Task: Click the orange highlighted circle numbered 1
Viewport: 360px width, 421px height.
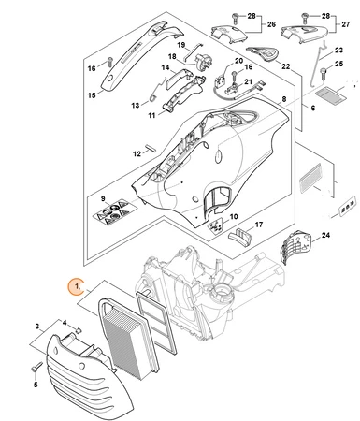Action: click(x=77, y=286)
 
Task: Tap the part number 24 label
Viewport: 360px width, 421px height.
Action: click(x=325, y=235)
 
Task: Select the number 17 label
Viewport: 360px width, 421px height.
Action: click(x=259, y=225)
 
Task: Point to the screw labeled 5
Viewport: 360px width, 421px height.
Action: click(x=36, y=367)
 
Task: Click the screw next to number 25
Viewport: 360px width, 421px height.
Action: click(x=324, y=74)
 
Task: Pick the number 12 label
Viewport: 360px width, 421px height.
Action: click(x=137, y=153)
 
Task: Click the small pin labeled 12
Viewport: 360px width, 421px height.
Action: click(x=151, y=147)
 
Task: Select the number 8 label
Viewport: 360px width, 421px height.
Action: click(x=284, y=99)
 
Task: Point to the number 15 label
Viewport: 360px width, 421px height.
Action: click(x=92, y=95)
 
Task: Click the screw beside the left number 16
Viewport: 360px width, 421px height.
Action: click(x=109, y=62)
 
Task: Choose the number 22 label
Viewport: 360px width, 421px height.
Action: click(x=285, y=66)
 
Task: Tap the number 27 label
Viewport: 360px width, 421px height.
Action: click(x=345, y=24)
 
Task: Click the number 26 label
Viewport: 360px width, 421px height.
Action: click(x=271, y=24)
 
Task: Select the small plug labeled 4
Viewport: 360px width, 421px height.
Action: click(x=79, y=329)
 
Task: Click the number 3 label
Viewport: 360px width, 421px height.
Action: click(x=37, y=327)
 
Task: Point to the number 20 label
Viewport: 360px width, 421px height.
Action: click(x=238, y=61)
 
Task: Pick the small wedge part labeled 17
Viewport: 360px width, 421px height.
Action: click(x=239, y=236)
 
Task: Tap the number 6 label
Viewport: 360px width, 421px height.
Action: click(x=312, y=108)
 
